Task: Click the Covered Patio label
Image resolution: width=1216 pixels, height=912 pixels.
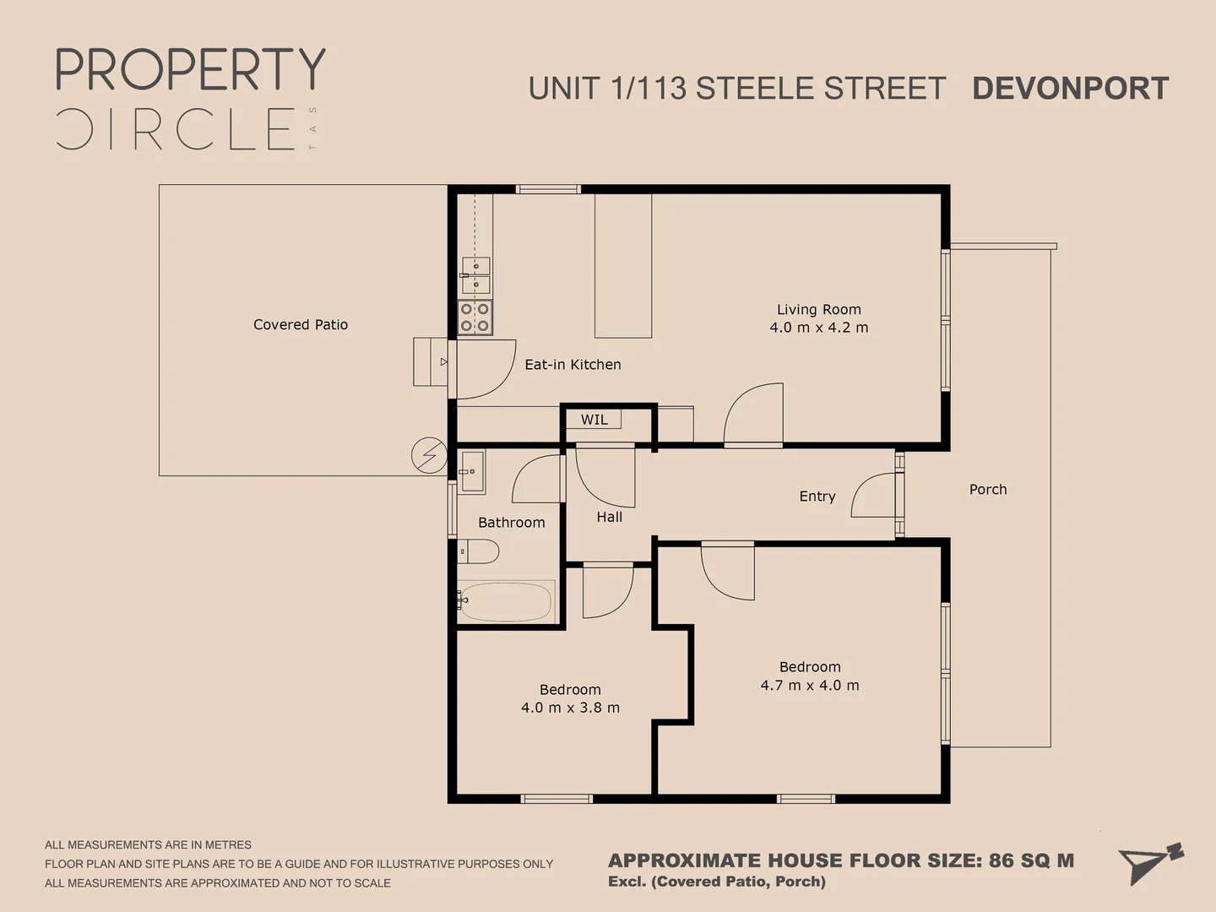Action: (301, 324)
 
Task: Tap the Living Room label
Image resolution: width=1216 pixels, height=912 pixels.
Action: (818, 309)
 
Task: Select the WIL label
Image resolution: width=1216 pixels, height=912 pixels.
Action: (594, 420)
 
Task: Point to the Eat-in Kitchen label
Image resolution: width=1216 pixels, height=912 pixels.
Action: (573, 364)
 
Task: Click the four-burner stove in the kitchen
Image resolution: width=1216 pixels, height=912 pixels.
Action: (475, 318)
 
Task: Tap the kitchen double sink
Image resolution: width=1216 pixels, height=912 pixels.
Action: (475, 275)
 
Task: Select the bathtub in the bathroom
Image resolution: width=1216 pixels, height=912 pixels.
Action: (506, 601)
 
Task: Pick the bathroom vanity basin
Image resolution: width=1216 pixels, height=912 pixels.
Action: (472, 471)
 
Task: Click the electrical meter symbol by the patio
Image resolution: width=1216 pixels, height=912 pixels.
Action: (429, 455)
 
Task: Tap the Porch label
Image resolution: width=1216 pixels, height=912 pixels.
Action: (988, 489)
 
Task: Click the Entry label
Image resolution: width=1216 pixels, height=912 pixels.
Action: (817, 496)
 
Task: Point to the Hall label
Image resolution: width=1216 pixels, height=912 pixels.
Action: (609, 517)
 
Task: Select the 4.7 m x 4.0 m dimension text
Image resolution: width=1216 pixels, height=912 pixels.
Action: (810, 686)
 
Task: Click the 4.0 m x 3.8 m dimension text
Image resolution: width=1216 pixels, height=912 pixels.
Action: (570, 708)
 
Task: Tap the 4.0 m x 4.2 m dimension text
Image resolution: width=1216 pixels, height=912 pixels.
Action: (818, 328)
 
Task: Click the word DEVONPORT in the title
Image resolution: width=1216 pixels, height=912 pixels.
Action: (1070, 88)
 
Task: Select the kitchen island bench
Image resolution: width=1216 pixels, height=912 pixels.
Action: (623, 266)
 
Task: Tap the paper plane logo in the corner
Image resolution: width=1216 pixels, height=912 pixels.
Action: (1150, 862)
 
